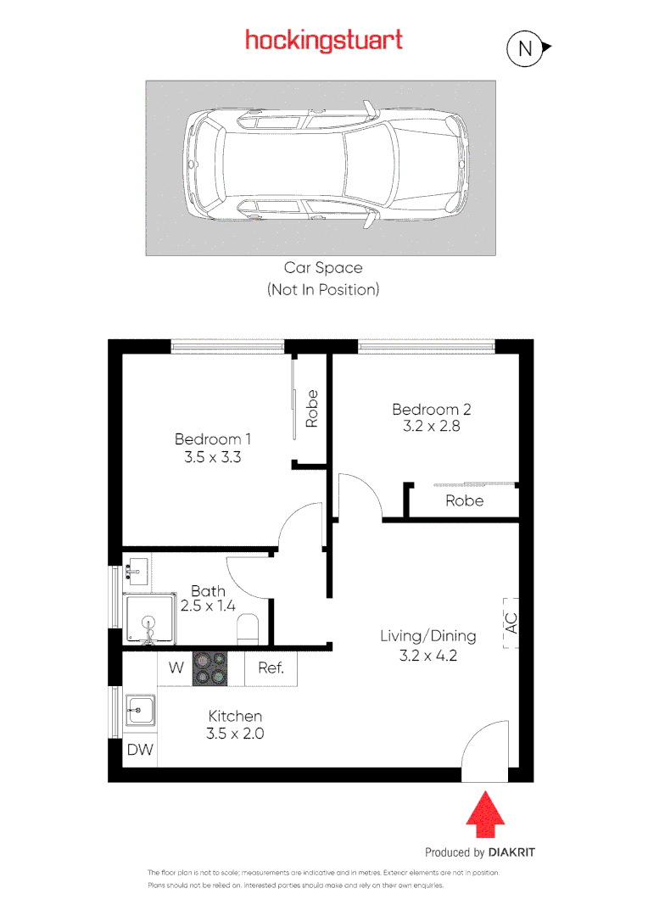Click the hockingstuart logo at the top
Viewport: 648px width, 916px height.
pos(323,40)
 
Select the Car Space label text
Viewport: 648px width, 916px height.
pos(323,268)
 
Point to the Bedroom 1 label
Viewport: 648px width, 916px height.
pos(213,439)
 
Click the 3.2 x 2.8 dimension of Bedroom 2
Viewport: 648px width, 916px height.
pos(431,427)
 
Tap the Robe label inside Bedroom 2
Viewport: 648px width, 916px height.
pos(464,500)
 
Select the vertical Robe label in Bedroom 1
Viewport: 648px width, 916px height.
pos(311,408)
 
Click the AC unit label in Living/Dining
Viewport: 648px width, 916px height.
pos(510,624)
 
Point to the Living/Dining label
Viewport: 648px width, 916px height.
pos(427,636)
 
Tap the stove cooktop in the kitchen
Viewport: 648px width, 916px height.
pos(210,667)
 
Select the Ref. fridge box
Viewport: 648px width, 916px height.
pos(271,667)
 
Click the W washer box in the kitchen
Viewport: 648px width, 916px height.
pos(176,667)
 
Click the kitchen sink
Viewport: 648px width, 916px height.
pos(139,710)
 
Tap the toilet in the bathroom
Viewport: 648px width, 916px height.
pos(249,628)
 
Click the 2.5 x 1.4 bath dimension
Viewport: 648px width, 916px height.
pos(207,606)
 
